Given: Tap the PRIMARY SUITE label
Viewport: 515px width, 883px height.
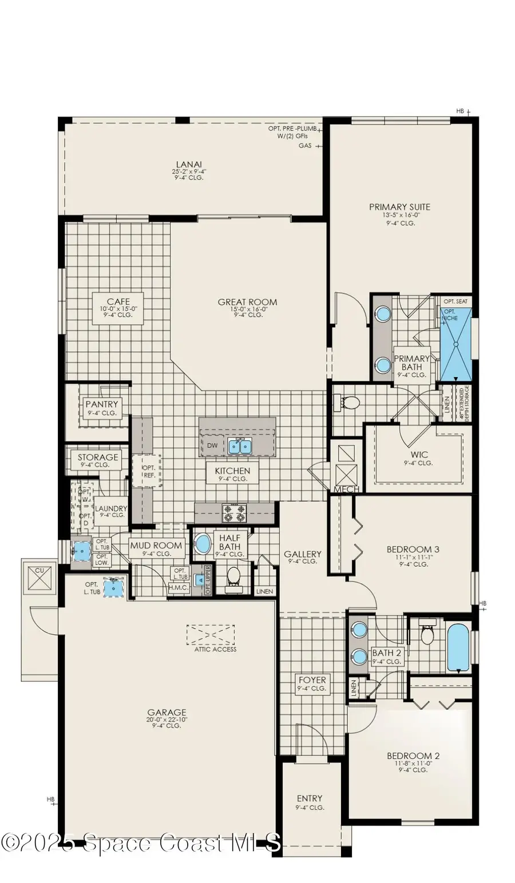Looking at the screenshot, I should coord(399,207).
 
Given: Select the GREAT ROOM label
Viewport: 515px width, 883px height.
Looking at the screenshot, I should coord(247,302).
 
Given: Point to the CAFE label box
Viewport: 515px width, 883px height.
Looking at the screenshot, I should coord(118,308).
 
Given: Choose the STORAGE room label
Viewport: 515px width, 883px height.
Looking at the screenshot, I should coord(98,458).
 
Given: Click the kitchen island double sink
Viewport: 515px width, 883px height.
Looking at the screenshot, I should coord(240,446).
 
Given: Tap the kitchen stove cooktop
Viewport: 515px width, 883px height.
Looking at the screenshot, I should coord(234,513).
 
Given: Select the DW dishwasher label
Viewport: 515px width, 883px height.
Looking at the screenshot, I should coord(212,446).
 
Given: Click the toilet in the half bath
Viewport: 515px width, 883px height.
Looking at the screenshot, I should coord(233,576).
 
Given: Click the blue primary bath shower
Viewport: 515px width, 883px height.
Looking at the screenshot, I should coord(456,344).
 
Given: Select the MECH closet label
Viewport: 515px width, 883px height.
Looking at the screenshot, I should coord(346,490).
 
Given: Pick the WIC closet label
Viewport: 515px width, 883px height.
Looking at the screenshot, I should coord(419,455).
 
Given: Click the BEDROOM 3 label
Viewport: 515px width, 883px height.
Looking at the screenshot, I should coord(413,550).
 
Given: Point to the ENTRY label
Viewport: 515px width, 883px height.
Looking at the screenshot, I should coord(310,798).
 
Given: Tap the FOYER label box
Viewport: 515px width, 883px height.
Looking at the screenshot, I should coord(312,683).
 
